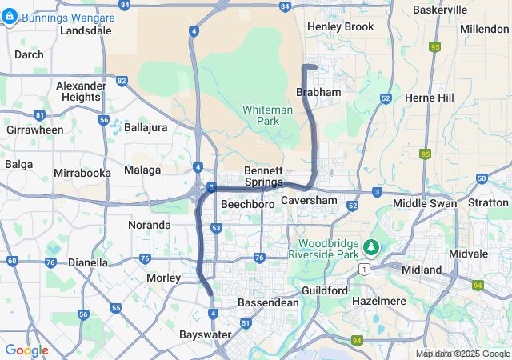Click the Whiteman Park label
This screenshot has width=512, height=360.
[x=262, y=115]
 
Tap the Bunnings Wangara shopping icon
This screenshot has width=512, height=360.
[x=10, y=16]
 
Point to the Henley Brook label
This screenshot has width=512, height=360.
[x=340, y=26]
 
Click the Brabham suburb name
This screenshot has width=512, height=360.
[x=318, y=93]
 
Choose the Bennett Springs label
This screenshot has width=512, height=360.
[x=263, y=176]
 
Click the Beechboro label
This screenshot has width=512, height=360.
[x=248, y=205]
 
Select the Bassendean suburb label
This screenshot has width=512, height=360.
[x=268, y=303]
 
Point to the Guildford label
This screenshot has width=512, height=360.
[x=325, y=290]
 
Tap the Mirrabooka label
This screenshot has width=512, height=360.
[x=81, y=173]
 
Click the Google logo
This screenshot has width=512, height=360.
[x=26, y=350]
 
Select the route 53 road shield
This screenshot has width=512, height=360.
[x=216, y=228]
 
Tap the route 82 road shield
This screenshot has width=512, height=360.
[x=122, y=81]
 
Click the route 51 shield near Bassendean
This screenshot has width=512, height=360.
[x=246, y=323]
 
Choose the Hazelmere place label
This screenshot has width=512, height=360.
[x=379, y=301]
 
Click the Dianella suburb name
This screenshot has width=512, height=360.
[x=88, y=262]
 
